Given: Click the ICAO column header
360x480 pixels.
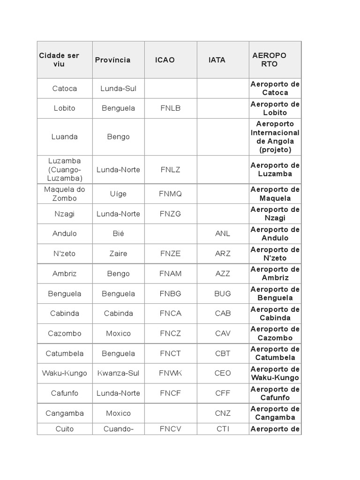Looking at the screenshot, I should click(x=165, y=60).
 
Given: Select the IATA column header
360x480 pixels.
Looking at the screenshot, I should click(x=217, y=60).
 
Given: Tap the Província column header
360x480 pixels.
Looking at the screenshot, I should click(x=112, y=60).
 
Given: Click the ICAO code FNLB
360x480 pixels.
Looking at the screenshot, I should click(x=170, y=108).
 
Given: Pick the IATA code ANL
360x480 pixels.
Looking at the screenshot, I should click(x=223, y=233).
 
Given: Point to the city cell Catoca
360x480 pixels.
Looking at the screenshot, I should click(x=65, y=88).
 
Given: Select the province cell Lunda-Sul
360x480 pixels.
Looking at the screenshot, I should click(x=118, y=88).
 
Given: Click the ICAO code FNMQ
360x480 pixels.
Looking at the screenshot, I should click(x=170, y=194).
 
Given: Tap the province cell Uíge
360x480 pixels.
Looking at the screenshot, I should click(x=118, y=194).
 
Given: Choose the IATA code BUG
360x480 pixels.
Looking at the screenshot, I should click(x=223, y=293).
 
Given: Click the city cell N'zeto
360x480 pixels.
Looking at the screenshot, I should click(x=65, y=254).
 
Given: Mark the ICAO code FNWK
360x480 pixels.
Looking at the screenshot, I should click(x=170, y=373).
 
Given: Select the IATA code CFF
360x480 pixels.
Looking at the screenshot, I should click(x=223, y=393).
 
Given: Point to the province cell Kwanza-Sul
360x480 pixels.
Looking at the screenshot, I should click(x=118, y=373).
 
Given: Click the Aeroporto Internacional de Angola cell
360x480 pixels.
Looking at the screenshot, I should click(x=275, y=137).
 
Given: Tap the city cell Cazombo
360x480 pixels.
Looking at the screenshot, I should click(x=65, y=333).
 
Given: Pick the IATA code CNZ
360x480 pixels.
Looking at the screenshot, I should click(x=223, y=413).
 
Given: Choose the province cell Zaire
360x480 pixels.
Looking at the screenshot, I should click(x=118, y=254).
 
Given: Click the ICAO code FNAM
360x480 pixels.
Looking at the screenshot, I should click(x=170, y=274).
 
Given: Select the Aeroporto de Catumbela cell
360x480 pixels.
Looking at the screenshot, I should click(x=275, y=353).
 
